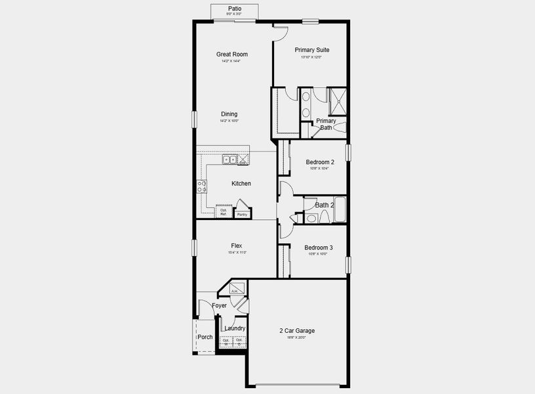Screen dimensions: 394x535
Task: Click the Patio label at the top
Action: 234,8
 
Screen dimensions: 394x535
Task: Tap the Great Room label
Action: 232,55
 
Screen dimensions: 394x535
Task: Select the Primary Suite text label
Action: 311,50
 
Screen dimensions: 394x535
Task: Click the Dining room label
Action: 229,114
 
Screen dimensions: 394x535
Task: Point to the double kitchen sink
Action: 229,160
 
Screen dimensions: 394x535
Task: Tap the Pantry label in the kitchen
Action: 242,214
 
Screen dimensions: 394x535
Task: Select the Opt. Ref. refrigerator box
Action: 224,212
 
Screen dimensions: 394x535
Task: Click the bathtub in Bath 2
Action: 339,209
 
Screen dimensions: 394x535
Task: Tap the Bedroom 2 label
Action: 320,162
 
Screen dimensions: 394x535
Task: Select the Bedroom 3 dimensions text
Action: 318,253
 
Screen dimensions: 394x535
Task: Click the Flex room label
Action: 236,246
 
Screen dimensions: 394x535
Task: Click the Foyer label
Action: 219,305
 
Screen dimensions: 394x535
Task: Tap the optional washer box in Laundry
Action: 226,341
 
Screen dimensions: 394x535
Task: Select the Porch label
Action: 205,337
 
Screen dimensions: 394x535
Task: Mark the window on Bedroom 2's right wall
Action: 349,152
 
